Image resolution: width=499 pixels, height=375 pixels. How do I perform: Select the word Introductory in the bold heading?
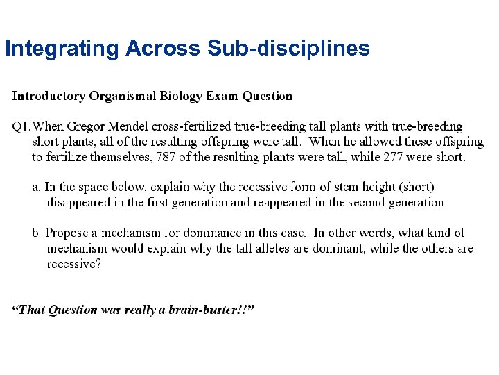click(x=49, y=96)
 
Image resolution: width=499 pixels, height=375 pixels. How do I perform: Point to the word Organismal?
click(x=123, y=96)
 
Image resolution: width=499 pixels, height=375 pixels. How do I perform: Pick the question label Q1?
click(x=21, y=126)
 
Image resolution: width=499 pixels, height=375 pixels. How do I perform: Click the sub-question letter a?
click(x=37, y=187)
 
